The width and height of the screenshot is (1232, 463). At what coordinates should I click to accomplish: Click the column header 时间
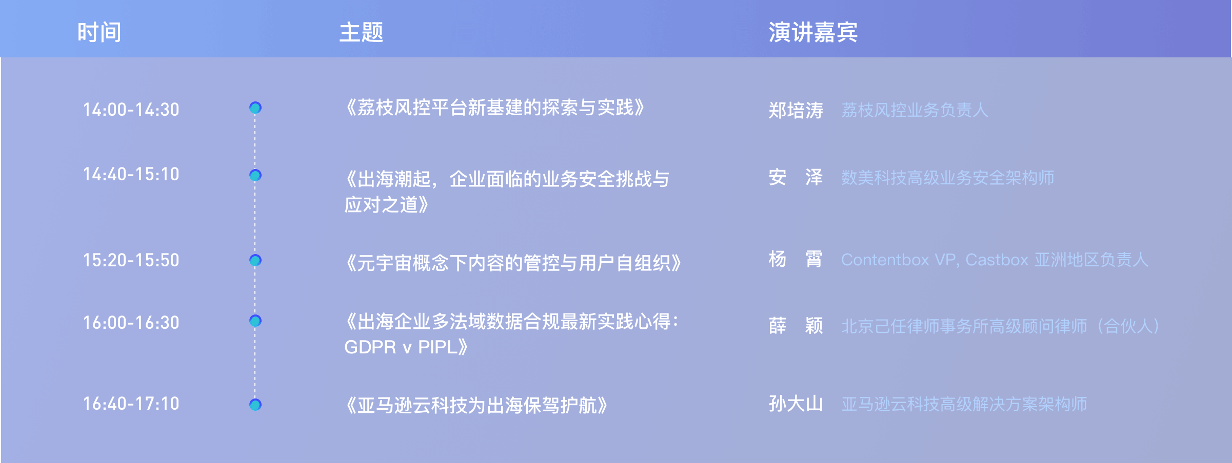click(100, 32)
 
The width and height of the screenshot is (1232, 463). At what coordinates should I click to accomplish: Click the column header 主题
click(361, 32)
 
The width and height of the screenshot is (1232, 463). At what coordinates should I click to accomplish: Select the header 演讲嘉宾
click(813, 32)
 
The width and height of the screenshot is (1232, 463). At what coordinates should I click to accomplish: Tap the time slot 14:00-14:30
click(131, 110)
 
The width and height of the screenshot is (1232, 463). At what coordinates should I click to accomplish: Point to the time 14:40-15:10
click(131, 174)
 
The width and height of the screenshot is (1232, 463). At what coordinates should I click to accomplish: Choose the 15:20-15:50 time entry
click(131, 260)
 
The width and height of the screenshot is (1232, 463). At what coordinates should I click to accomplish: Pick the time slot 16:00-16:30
click(131, 323)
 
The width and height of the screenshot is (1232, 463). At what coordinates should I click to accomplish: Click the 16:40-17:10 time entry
click(131, 404)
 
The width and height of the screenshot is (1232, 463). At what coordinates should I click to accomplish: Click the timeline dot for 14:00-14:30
click(255, 108)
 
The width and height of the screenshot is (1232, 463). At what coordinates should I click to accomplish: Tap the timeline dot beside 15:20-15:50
click(255, 260)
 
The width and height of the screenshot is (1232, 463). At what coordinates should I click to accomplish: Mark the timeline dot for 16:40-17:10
click(255, 405)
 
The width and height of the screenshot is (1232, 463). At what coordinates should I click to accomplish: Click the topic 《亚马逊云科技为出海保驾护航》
click(476, 406)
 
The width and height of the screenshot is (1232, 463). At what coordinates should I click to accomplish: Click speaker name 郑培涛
click(796, 110)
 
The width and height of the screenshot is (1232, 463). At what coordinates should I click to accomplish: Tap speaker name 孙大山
click(796, 404)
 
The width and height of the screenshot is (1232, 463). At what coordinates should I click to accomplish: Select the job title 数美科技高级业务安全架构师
click(948, 178)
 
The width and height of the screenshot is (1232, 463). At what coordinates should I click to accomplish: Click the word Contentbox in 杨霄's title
click(885, 260)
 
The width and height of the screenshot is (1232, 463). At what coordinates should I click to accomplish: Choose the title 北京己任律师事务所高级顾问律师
click(964, 326)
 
